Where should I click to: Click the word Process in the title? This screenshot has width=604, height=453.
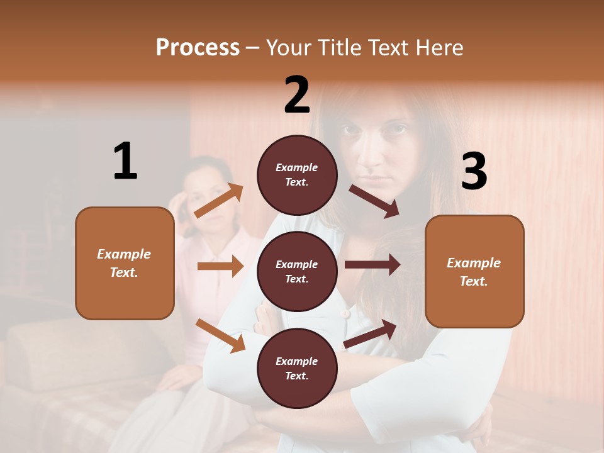[198, 48]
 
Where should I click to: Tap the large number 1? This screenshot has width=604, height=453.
[125, 162]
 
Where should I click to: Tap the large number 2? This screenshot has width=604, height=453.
[297, 95]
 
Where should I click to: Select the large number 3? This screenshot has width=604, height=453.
[474, 172]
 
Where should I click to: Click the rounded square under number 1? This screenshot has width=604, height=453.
[125, 263]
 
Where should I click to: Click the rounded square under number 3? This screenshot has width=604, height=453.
[474, 271]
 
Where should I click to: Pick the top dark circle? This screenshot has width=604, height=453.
[297, 174]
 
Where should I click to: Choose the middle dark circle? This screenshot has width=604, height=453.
[297, 271]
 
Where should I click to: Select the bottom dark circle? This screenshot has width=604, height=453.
[297, 368]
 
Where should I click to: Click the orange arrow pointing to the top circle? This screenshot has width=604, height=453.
[219, 200]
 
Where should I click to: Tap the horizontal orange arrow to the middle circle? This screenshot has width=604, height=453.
[220, 266]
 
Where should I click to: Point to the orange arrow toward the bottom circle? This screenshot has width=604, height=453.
[221, 335]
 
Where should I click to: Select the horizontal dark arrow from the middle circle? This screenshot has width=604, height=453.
[372, 264]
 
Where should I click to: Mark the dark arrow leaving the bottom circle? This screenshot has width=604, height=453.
[370, 334]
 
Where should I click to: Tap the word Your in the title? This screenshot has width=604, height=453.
[289, 48]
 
